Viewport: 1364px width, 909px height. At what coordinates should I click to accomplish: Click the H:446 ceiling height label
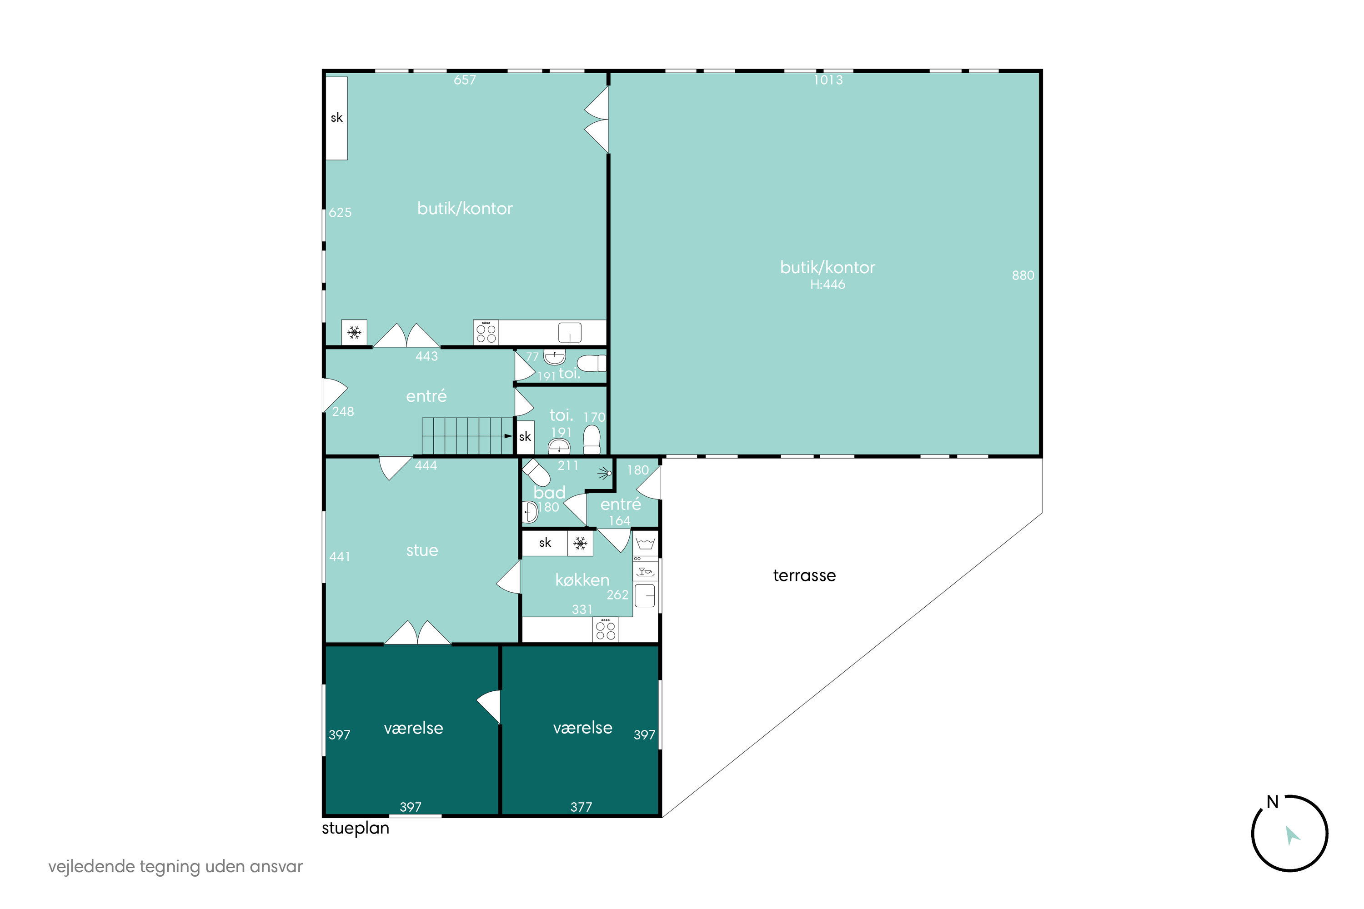click(x=827, y=285)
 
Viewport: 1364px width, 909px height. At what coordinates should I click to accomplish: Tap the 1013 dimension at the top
click(x=828, y=80)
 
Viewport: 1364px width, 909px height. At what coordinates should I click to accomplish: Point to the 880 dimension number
click(x=1023, y=275)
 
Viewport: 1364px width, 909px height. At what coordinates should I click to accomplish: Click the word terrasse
click(x=804, y=576)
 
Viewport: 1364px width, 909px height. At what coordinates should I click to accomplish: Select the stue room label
click(x=422, y=550)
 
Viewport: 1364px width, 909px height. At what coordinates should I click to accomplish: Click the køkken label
click(x=582, y=580)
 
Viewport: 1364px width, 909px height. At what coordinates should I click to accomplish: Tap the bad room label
click(x=549, y=493)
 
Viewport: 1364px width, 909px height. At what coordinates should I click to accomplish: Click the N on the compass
click(x=1272, y=802)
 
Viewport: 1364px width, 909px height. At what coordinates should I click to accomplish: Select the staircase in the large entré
click(x=467, y=436)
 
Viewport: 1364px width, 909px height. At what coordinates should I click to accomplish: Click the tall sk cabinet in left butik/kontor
click(x=336, y=118)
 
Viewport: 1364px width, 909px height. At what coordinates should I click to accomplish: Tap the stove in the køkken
click(x=606, y=629)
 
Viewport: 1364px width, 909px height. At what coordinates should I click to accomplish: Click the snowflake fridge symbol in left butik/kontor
click(x=354, y=333)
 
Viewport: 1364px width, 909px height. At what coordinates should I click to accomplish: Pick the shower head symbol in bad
click(x=606, y=474)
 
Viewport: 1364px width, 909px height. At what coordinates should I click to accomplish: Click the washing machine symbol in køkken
click(x=646, y=543)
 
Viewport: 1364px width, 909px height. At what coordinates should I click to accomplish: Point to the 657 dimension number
click(x=465, y=80)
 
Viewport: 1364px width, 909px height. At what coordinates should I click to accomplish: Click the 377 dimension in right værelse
click(x=581, y=807)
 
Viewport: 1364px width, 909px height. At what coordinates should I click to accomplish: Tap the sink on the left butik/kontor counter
click(x=570, y=333)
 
